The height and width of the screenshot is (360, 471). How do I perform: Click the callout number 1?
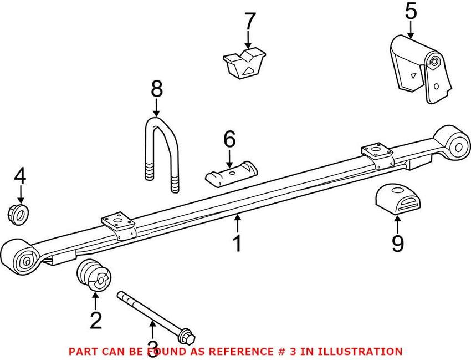pyautogui.click(x=237, y=243)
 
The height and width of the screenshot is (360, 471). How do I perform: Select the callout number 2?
pyautogui.click(x=95, y=320)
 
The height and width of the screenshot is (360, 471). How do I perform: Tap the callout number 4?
pyautogui.click(x=20, y=176)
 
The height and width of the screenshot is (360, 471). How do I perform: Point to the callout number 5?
pyautogui.click(x=411, y=11)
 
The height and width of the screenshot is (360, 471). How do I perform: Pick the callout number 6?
pyautogui.click(x=229, y=140)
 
